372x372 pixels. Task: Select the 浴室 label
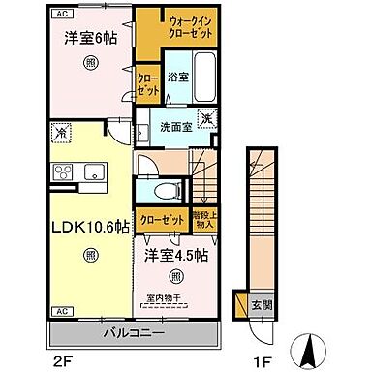coord(177,75)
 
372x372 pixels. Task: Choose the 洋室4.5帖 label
coord(175,256)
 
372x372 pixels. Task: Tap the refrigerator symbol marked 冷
coord(61,132)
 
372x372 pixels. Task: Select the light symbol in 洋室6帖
coord(89,63)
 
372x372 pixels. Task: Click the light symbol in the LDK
coord(89,256)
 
